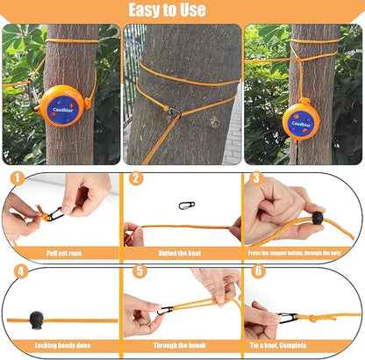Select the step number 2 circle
point(136,178)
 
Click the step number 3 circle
point(257,178)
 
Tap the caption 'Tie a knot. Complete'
point(303,345)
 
